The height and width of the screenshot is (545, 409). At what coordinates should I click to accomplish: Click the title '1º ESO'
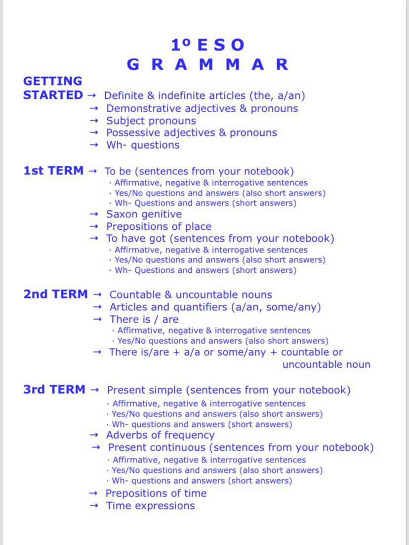coord(207,45)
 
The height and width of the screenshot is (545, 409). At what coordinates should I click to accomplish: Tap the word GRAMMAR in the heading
coord(207,65)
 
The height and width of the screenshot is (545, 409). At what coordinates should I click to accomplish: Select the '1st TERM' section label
coord(53,171)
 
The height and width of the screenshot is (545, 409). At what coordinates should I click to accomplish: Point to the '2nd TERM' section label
coord(55,294)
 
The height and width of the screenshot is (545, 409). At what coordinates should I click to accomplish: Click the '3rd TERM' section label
coord(54,390)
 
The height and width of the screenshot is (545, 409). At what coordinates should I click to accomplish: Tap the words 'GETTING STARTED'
coord(53,88)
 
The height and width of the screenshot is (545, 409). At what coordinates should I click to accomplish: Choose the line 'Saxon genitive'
coord(144,214)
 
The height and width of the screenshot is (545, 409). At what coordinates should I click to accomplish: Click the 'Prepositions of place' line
coord(159,227)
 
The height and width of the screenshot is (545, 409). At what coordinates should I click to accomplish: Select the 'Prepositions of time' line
coord(156,494)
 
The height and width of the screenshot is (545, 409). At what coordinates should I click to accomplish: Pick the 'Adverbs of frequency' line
coord(160,435)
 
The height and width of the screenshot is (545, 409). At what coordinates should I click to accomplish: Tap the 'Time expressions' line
coord(150,506)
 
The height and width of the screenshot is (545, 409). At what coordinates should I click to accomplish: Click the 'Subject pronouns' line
coord(151,121)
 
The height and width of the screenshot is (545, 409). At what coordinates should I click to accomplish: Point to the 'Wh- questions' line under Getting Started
coord(143,145)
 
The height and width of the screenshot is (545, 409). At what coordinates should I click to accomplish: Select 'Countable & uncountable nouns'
coord(191,295)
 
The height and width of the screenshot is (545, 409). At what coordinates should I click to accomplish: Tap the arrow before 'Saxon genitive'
coord(94,214)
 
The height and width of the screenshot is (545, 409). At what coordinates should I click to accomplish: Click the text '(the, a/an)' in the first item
coord(277,96)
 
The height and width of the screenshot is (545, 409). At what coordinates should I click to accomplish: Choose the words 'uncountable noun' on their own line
coord(326,365)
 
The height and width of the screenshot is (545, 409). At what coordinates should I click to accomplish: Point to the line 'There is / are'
coord(144,320)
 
